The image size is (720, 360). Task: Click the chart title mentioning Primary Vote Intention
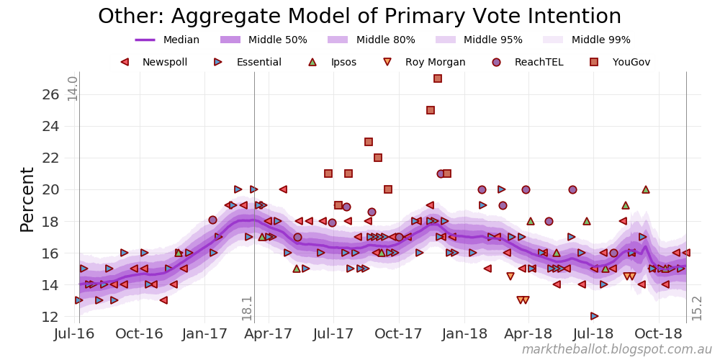click(359, 17)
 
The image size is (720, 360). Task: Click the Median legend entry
click(167, 40)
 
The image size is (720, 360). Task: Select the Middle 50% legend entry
click(262, 40)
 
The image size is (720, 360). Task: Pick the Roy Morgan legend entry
click(425, 63)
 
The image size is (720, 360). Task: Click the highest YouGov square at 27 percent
click(438, 78)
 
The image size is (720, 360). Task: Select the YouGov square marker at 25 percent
click(431, 110)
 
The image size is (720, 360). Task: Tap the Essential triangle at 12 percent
click(594, 316)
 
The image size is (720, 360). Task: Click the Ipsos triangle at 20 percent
click(646, 189)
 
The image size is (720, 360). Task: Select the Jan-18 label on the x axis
click(464, 334)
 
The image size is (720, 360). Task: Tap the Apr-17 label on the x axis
click(272, 334)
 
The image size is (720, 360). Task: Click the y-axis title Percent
click(27, 199)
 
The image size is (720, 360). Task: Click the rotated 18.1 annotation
click(247, 307)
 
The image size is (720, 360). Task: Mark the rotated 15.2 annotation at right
click(696, 307)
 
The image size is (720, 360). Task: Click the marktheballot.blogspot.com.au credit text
click(616, 350)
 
